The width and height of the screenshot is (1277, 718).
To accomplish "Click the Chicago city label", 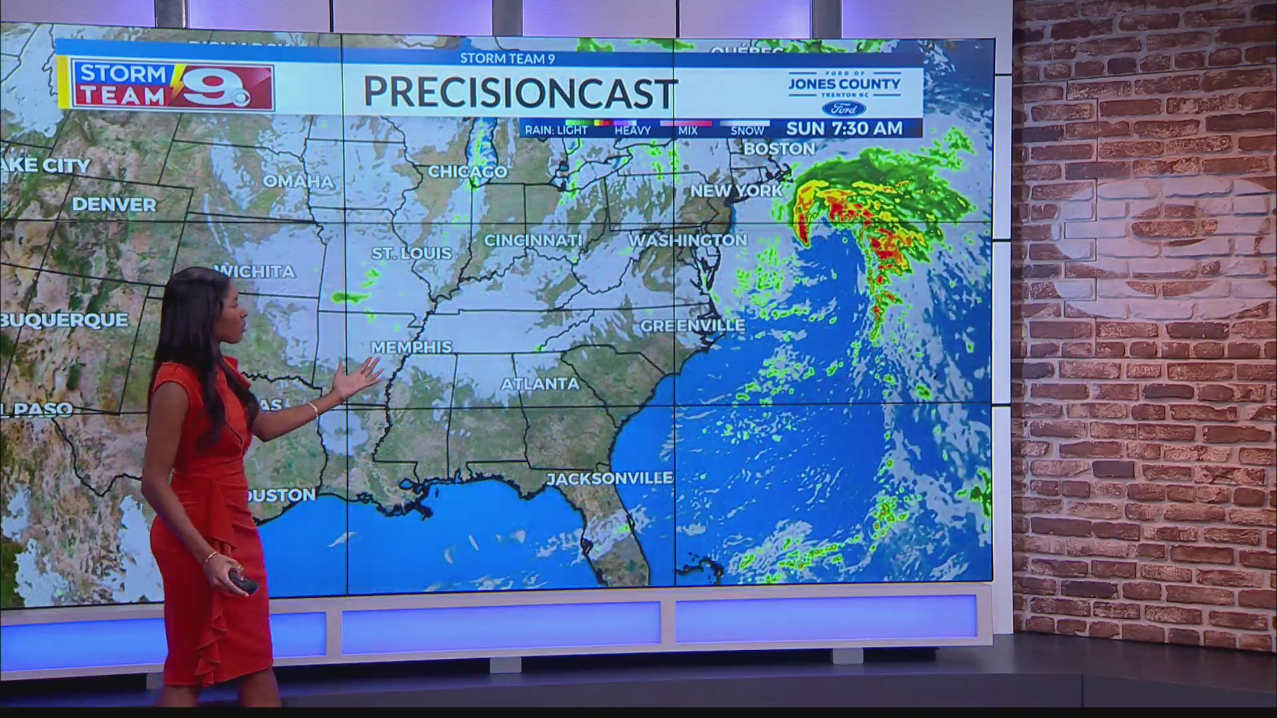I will pos(467,172).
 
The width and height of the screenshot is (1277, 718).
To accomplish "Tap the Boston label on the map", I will pos(779,149).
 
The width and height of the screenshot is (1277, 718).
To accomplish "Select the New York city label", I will pos(736,191).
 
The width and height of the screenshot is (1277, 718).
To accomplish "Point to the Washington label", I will pos(688,240).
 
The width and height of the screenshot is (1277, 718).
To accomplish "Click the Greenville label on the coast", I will pos(692,326).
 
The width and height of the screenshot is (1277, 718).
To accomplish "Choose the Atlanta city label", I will pos(540,384).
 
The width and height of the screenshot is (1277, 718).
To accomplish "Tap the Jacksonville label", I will pos(609,478).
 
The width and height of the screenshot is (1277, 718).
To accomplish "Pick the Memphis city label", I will pos(411,347).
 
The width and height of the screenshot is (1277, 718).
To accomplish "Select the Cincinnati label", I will pos(533,240).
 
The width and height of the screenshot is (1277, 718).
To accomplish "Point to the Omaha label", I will pos(298,181).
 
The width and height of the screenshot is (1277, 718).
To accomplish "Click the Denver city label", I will pos(114,204).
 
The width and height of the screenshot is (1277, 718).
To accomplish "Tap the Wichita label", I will pos(255,271).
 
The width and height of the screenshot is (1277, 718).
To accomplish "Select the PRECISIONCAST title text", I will pos(520,92).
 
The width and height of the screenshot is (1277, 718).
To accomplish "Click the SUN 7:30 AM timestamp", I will pos(844,128).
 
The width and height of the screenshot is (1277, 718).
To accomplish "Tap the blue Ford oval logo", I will pos(843,108).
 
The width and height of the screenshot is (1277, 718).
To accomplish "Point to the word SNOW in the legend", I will pos(747,131).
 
